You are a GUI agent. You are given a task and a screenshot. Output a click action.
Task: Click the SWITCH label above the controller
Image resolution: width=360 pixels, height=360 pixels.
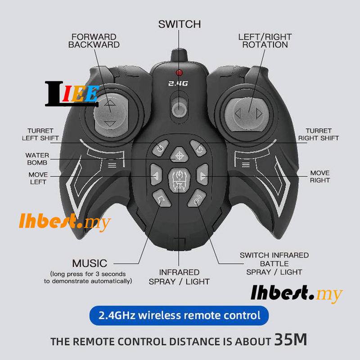click(180, 24)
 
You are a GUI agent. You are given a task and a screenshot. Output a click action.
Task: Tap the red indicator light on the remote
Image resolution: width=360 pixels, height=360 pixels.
click(179, 73)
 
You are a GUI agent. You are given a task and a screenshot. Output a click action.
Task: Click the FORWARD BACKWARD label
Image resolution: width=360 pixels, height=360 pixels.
click(94, 40)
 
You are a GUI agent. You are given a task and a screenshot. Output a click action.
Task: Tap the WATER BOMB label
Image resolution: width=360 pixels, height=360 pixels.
click(38, 159)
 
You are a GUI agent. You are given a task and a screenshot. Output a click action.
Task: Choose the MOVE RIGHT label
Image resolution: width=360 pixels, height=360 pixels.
click(320, 176)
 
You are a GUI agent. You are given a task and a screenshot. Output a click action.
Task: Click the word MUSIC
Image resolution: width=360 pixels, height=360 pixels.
click(90, 263)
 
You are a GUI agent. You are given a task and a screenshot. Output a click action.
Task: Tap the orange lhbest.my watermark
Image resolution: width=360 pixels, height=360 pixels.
click(65, 222)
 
